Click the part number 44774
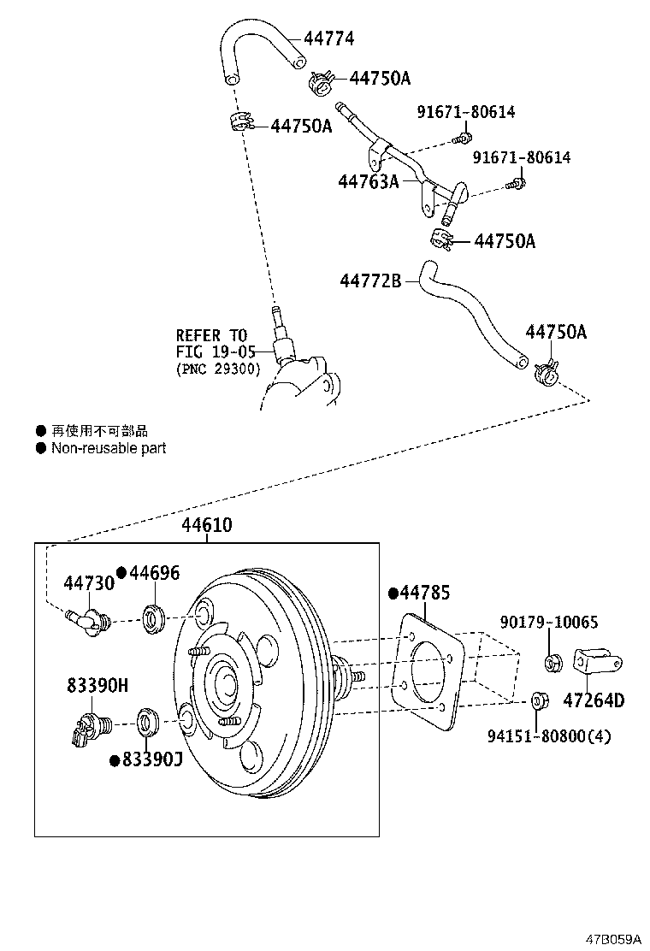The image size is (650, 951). click(329, 38)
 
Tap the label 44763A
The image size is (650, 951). click(369, 181)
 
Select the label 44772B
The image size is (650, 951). click(370, 281)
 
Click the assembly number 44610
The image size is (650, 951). click(206, 525)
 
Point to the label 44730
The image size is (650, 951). click(88, 583)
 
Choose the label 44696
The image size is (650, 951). click(155, 573)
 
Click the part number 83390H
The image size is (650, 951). click(97, 685)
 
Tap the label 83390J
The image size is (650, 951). click(153, 759)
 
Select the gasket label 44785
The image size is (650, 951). click(425, 593)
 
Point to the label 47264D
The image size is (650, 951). click(594, 701)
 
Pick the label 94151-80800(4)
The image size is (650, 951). click(561, 735)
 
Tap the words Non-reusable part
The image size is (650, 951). click(109, 448)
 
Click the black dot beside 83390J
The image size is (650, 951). click(114, 759)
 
